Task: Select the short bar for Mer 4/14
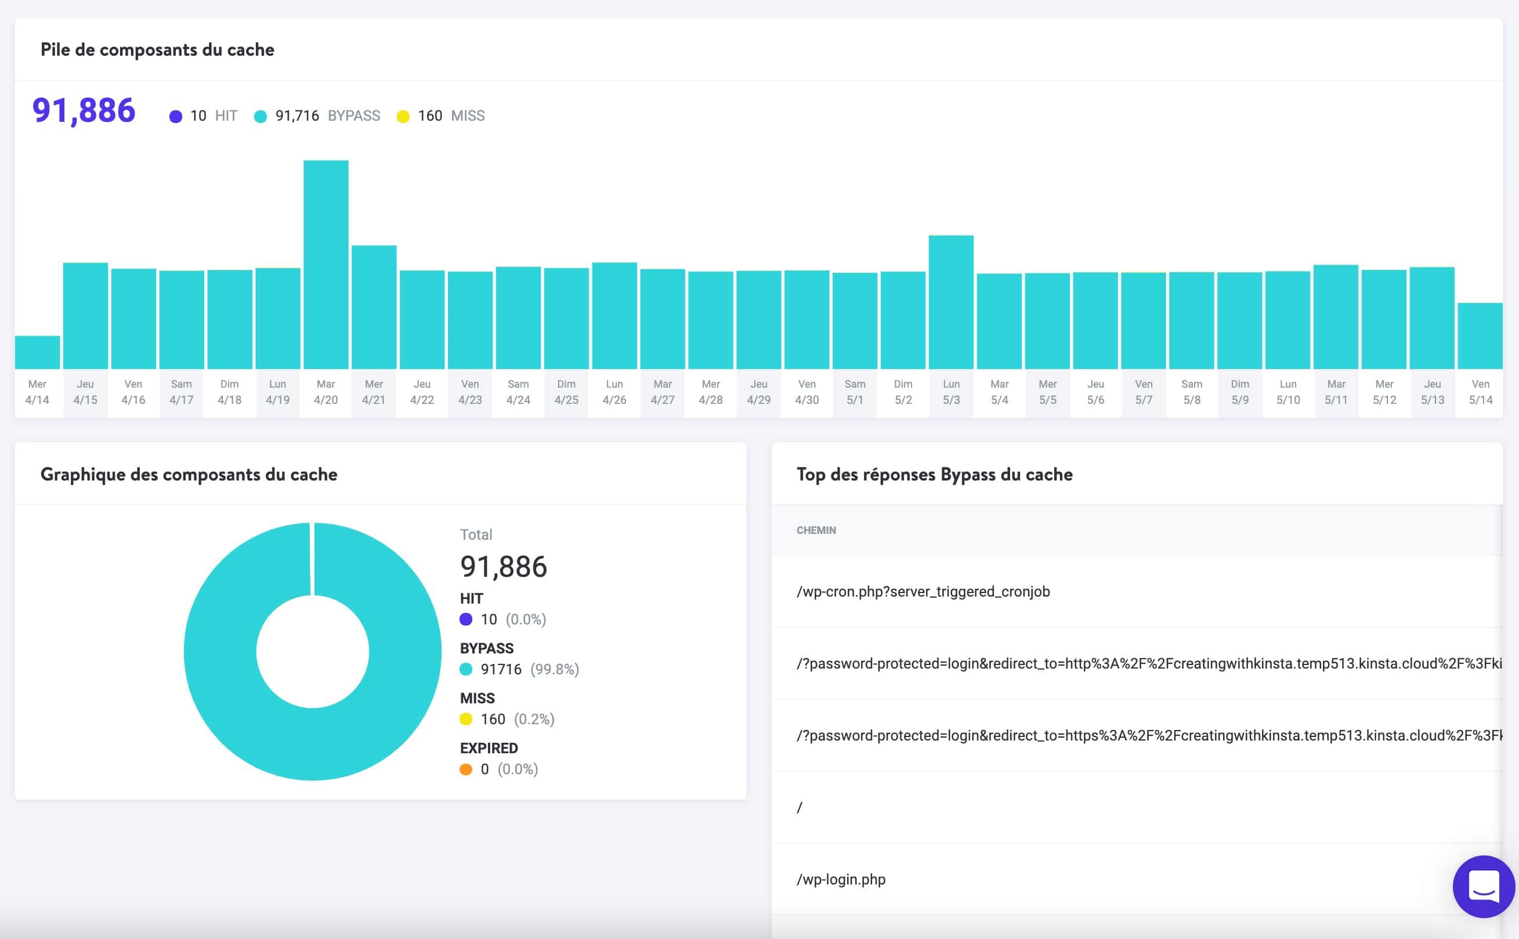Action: point(37,352)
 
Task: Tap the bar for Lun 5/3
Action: point(950,302)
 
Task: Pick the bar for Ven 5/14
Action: point(1480,336)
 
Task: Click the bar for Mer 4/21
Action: point(374,307)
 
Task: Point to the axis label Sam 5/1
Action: point(855,392)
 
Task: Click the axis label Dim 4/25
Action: point(566,392)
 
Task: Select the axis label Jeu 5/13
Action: point(1432,392)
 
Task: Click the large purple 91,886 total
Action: point(84,110)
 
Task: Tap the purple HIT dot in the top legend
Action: point(176,116)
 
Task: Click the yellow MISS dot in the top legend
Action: point(403,116)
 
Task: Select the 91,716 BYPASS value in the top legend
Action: point(296,115)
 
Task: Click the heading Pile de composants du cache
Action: point(157,50)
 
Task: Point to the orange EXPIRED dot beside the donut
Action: point(465,770)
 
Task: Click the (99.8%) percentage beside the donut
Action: point(554,669)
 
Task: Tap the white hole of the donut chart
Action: point(312,652)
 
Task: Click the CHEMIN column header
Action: point(816,530)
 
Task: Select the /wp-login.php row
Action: point(841,879)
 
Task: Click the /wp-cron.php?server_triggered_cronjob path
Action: point(923,591)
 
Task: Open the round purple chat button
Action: point(1483,886)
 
